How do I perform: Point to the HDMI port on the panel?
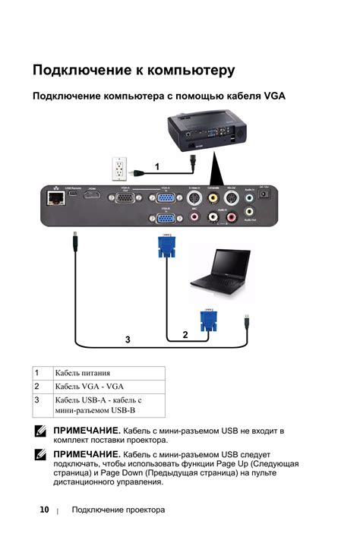[93, 196]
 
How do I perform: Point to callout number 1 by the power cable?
[156, 166]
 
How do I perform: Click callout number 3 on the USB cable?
[128, 339]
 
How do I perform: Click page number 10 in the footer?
[44, 510]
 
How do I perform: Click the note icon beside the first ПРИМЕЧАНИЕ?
[40, 431]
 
